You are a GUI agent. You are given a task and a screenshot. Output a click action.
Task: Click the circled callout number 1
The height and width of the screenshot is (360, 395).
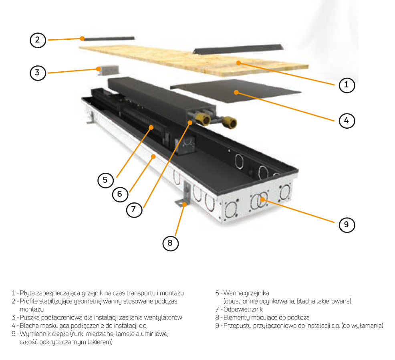347,85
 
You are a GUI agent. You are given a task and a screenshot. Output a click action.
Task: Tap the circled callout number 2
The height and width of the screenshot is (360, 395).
38,40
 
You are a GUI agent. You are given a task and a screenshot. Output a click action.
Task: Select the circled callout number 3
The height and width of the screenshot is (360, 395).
38,73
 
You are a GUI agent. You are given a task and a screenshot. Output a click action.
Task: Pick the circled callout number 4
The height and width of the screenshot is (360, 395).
347,121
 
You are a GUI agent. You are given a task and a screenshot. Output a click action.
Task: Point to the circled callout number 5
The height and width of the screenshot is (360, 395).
105,180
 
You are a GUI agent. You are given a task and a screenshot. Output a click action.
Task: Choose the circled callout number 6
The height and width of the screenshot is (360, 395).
120,194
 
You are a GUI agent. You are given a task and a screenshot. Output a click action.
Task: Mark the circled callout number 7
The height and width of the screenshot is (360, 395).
134,209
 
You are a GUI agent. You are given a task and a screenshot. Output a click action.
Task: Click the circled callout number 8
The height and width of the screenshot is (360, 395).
170,243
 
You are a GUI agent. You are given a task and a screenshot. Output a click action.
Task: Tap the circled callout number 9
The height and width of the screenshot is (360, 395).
347,224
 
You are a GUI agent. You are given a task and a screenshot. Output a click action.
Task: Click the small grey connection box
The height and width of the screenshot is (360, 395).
108,70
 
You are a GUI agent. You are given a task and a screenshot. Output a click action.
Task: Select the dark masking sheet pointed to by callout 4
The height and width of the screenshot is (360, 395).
236,91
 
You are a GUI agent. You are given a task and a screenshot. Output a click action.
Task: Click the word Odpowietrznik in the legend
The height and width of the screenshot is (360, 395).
243,309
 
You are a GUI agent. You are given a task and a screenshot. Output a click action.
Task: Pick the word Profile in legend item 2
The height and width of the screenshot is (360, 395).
29,301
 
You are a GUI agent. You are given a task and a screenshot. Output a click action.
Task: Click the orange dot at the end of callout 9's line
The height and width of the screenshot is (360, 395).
262,199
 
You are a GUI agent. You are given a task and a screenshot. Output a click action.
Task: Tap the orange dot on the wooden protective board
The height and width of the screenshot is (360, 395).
238,63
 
